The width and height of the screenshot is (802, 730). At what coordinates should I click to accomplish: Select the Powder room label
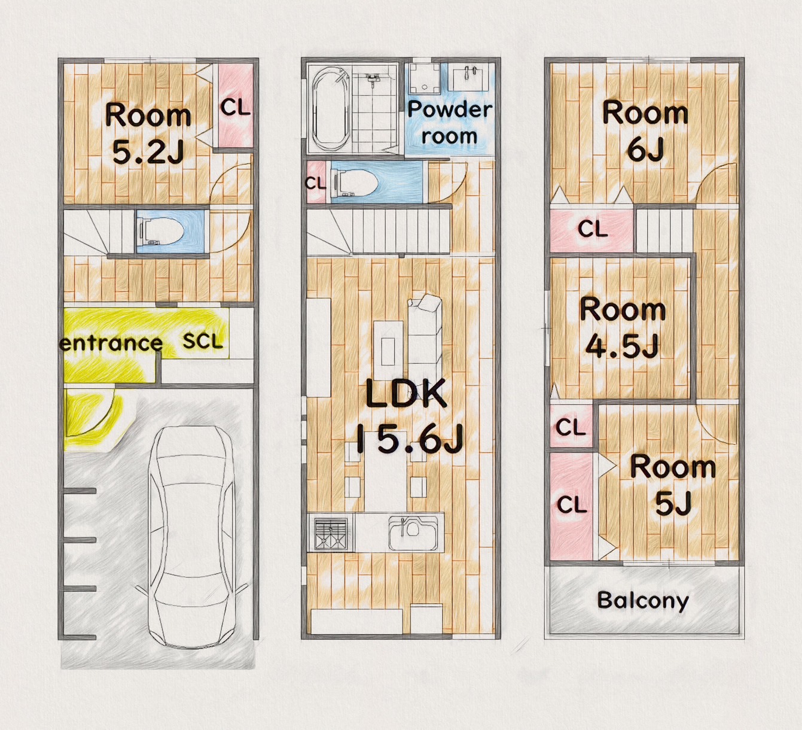coord(449,123)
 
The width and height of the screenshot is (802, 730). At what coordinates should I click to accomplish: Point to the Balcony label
coord(643,600)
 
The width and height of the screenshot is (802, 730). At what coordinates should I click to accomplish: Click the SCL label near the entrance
coord(202,342)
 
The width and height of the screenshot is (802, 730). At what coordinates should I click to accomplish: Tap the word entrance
coord(111,343)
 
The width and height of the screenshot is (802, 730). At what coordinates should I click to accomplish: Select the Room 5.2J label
coord(148,133)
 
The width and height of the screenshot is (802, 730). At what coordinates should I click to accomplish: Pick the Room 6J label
coord(645,130)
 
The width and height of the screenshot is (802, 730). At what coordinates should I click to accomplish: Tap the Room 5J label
coord(673,485)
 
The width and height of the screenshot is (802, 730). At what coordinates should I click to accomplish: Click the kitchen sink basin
coord(414,532)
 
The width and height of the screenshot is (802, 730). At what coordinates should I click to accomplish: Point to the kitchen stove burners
coord(331,533)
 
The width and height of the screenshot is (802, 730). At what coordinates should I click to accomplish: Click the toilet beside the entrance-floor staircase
coord(160,232)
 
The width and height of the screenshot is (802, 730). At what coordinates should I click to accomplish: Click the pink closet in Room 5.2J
coord(236,105)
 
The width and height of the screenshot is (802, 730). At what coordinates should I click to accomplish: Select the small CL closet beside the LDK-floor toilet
coord(316,182)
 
